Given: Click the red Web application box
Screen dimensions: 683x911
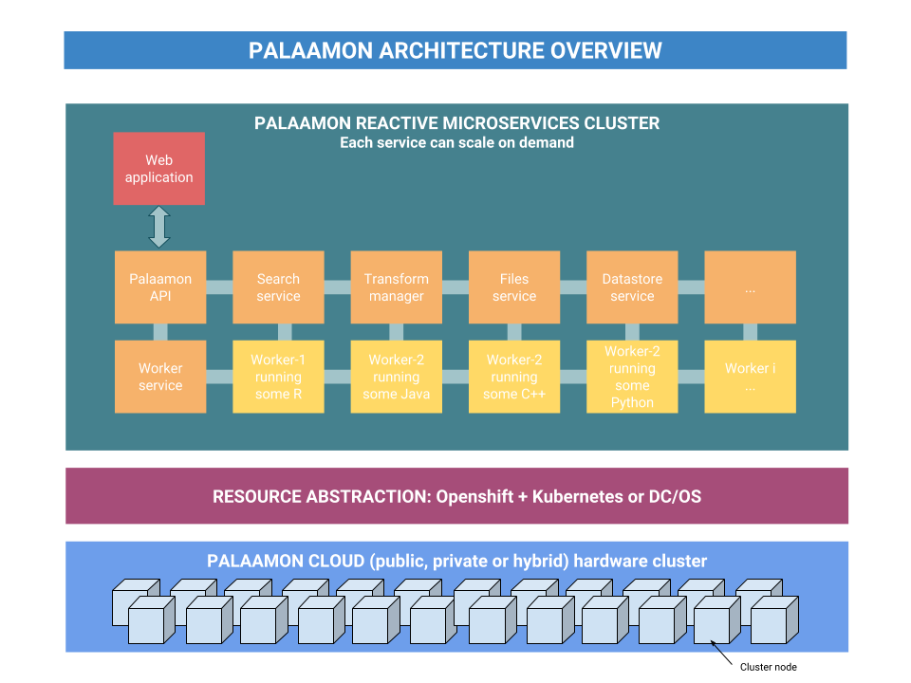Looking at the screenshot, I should point(159,169).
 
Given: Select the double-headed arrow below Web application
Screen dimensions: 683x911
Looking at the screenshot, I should point(159,228).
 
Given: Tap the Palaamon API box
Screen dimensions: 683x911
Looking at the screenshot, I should point(160,287).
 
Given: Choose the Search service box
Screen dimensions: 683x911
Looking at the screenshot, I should point(278,287).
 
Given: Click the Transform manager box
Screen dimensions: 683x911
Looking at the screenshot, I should point(396,287).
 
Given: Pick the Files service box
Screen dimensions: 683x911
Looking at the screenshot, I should point(514,287).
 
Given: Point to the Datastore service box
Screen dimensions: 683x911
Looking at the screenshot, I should point(632,287).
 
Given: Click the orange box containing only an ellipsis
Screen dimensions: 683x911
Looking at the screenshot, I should point(750,287).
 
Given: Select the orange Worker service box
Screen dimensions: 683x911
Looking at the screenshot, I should point(160,377).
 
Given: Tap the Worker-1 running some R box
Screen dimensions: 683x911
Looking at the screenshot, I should point(278,377).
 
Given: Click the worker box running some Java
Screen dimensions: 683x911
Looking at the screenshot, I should point(396,377).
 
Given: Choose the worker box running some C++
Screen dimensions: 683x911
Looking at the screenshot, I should point(514,377).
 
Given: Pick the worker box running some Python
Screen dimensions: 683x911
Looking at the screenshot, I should point(632,377).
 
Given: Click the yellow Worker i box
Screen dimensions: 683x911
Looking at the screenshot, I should point(750,377).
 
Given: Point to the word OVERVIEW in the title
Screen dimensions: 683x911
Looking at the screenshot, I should point(606,50).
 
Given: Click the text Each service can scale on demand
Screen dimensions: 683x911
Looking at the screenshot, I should point(456,143).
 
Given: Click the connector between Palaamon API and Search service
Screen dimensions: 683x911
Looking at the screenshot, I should point(219,287).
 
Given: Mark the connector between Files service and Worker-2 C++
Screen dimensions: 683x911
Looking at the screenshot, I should point(514,332).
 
